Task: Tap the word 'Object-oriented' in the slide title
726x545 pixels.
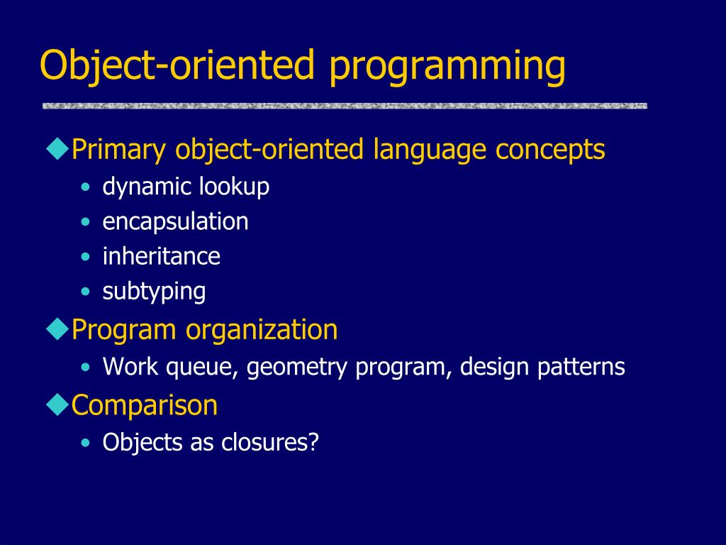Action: [x=177, y=65]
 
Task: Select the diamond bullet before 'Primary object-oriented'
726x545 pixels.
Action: [x=58, y=149]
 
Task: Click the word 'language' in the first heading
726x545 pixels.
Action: [x=429, y=150]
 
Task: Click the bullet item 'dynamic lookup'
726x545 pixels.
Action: [x=186, y=187]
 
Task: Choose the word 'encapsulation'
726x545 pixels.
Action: [x=175, y=222]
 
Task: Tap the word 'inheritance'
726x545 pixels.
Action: [x=161, y=256]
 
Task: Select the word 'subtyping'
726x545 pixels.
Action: [x=154, y=292]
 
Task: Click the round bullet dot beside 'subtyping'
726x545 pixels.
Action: [x=85, y=292]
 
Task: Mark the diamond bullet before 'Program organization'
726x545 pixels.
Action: [x=58, y=329]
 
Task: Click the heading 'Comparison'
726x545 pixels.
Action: [x=144, y=405]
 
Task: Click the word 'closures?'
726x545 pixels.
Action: [x=270, y=442]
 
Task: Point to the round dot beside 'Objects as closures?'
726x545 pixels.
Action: [x=85, y=442]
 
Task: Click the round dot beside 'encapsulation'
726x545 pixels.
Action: [x=85, y=222]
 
